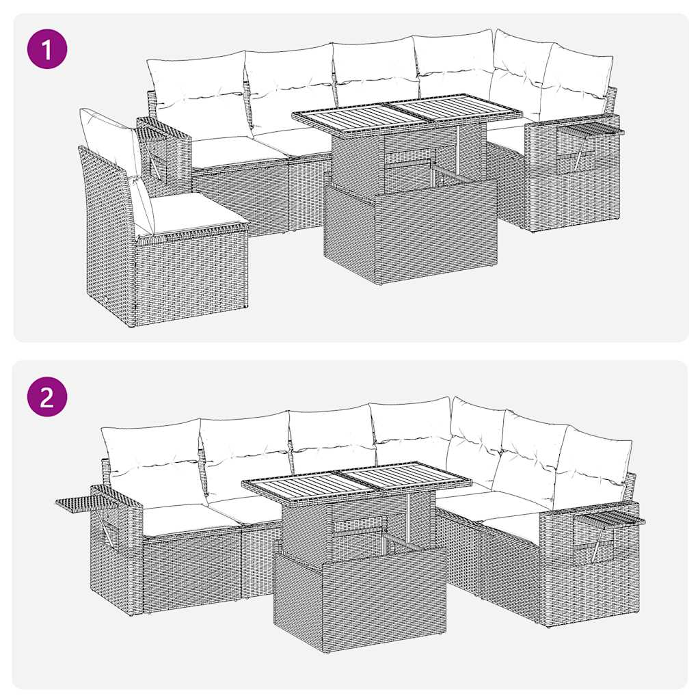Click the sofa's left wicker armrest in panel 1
pyautogui.click(x=164, y=150)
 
